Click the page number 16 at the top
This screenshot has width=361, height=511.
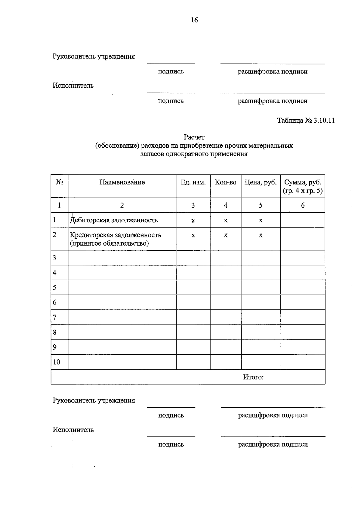[x=194, y=20]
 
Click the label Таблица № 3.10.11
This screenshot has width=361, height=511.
[x=306, y=121]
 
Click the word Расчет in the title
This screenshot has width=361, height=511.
[x=194, y=137]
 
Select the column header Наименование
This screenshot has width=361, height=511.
[x=122, y=182]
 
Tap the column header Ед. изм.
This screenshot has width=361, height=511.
[x=193, y=182]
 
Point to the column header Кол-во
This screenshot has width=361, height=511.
[x=226, y=182]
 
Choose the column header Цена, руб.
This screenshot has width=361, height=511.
[x=261, y=182]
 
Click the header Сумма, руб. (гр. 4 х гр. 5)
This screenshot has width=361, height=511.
[x=303, y=187]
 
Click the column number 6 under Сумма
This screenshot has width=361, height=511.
[x=303, y=205]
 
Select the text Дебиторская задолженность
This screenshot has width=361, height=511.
[x=114, y=220]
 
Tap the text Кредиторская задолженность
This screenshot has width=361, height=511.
[x=116, y=235]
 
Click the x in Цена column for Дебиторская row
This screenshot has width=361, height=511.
[x=261, y=220]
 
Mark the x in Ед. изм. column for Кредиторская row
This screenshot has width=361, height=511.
[x=193, y=235]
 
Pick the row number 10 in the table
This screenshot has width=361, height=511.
[x=57, y=362]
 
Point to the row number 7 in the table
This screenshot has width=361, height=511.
[x=55, y=317]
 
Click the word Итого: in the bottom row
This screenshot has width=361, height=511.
[x=253, y=377]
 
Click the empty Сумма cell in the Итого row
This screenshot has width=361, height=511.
[x=303, y=377]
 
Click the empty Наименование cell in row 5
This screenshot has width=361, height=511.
[x=122, y=287]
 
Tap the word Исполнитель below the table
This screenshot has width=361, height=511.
[x=73, y=430]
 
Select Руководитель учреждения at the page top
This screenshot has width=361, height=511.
[x=94, y=57]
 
